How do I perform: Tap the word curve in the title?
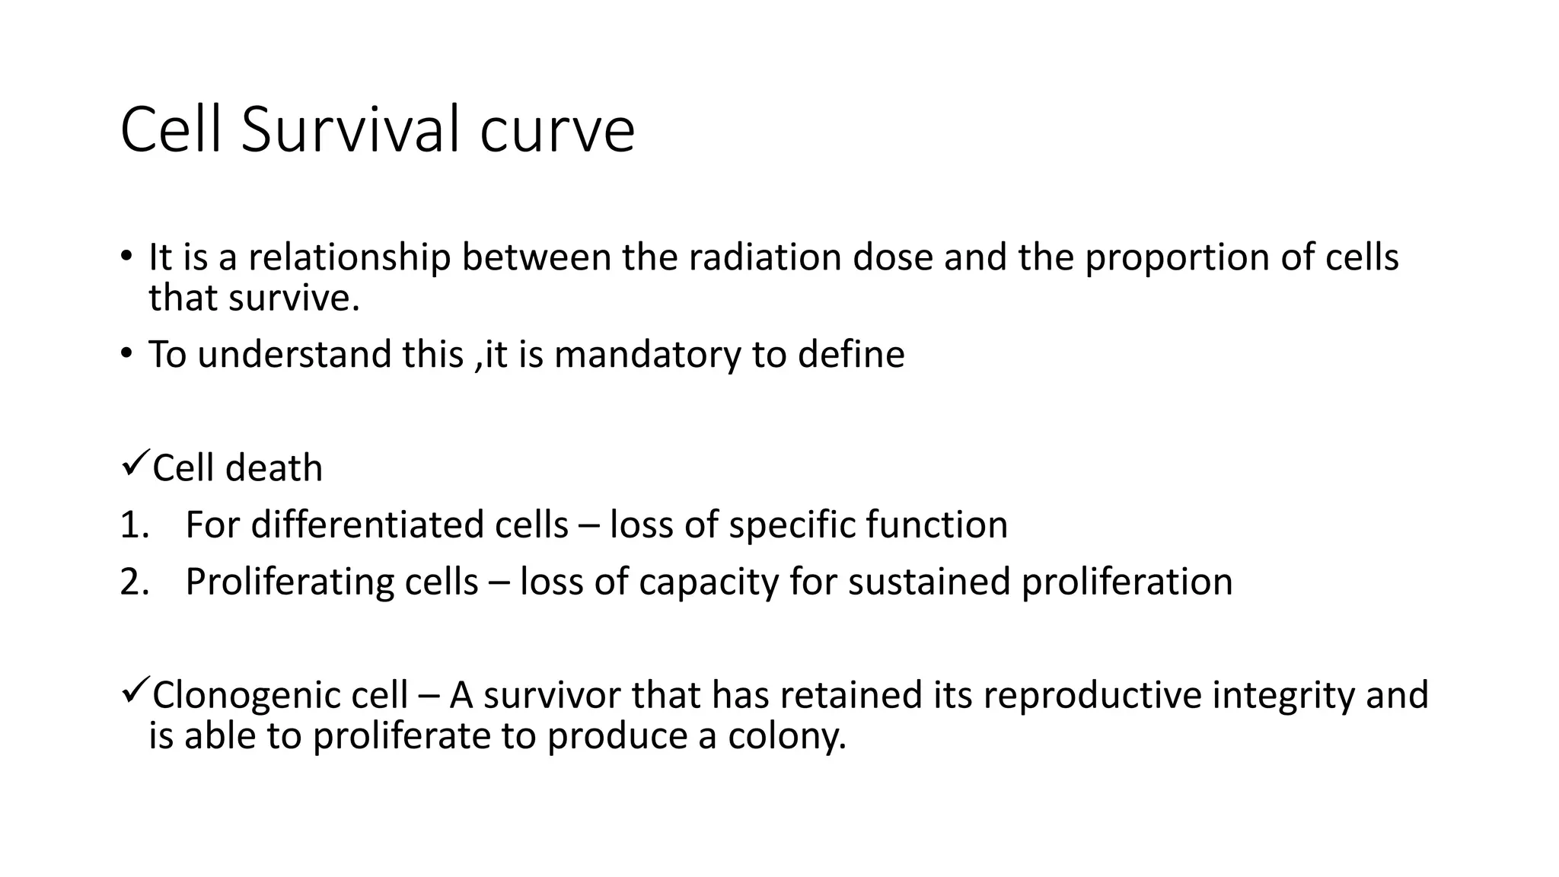click(x=557, y=131)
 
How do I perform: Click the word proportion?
click(x=1176, y=259)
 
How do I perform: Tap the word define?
click(x=851, y=355)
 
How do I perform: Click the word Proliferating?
click(x=289, y=582)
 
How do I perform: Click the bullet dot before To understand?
click(x=125, y=353)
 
